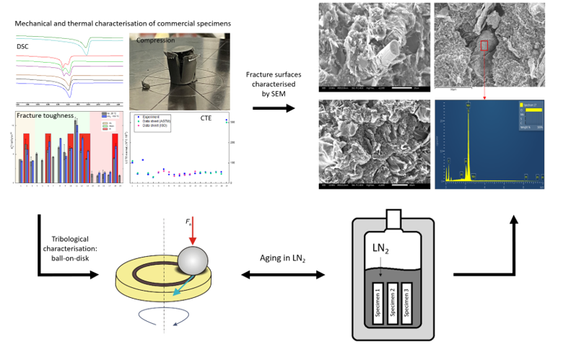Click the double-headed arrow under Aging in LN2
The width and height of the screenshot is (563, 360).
282,275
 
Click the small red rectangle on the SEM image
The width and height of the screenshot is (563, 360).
484,45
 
